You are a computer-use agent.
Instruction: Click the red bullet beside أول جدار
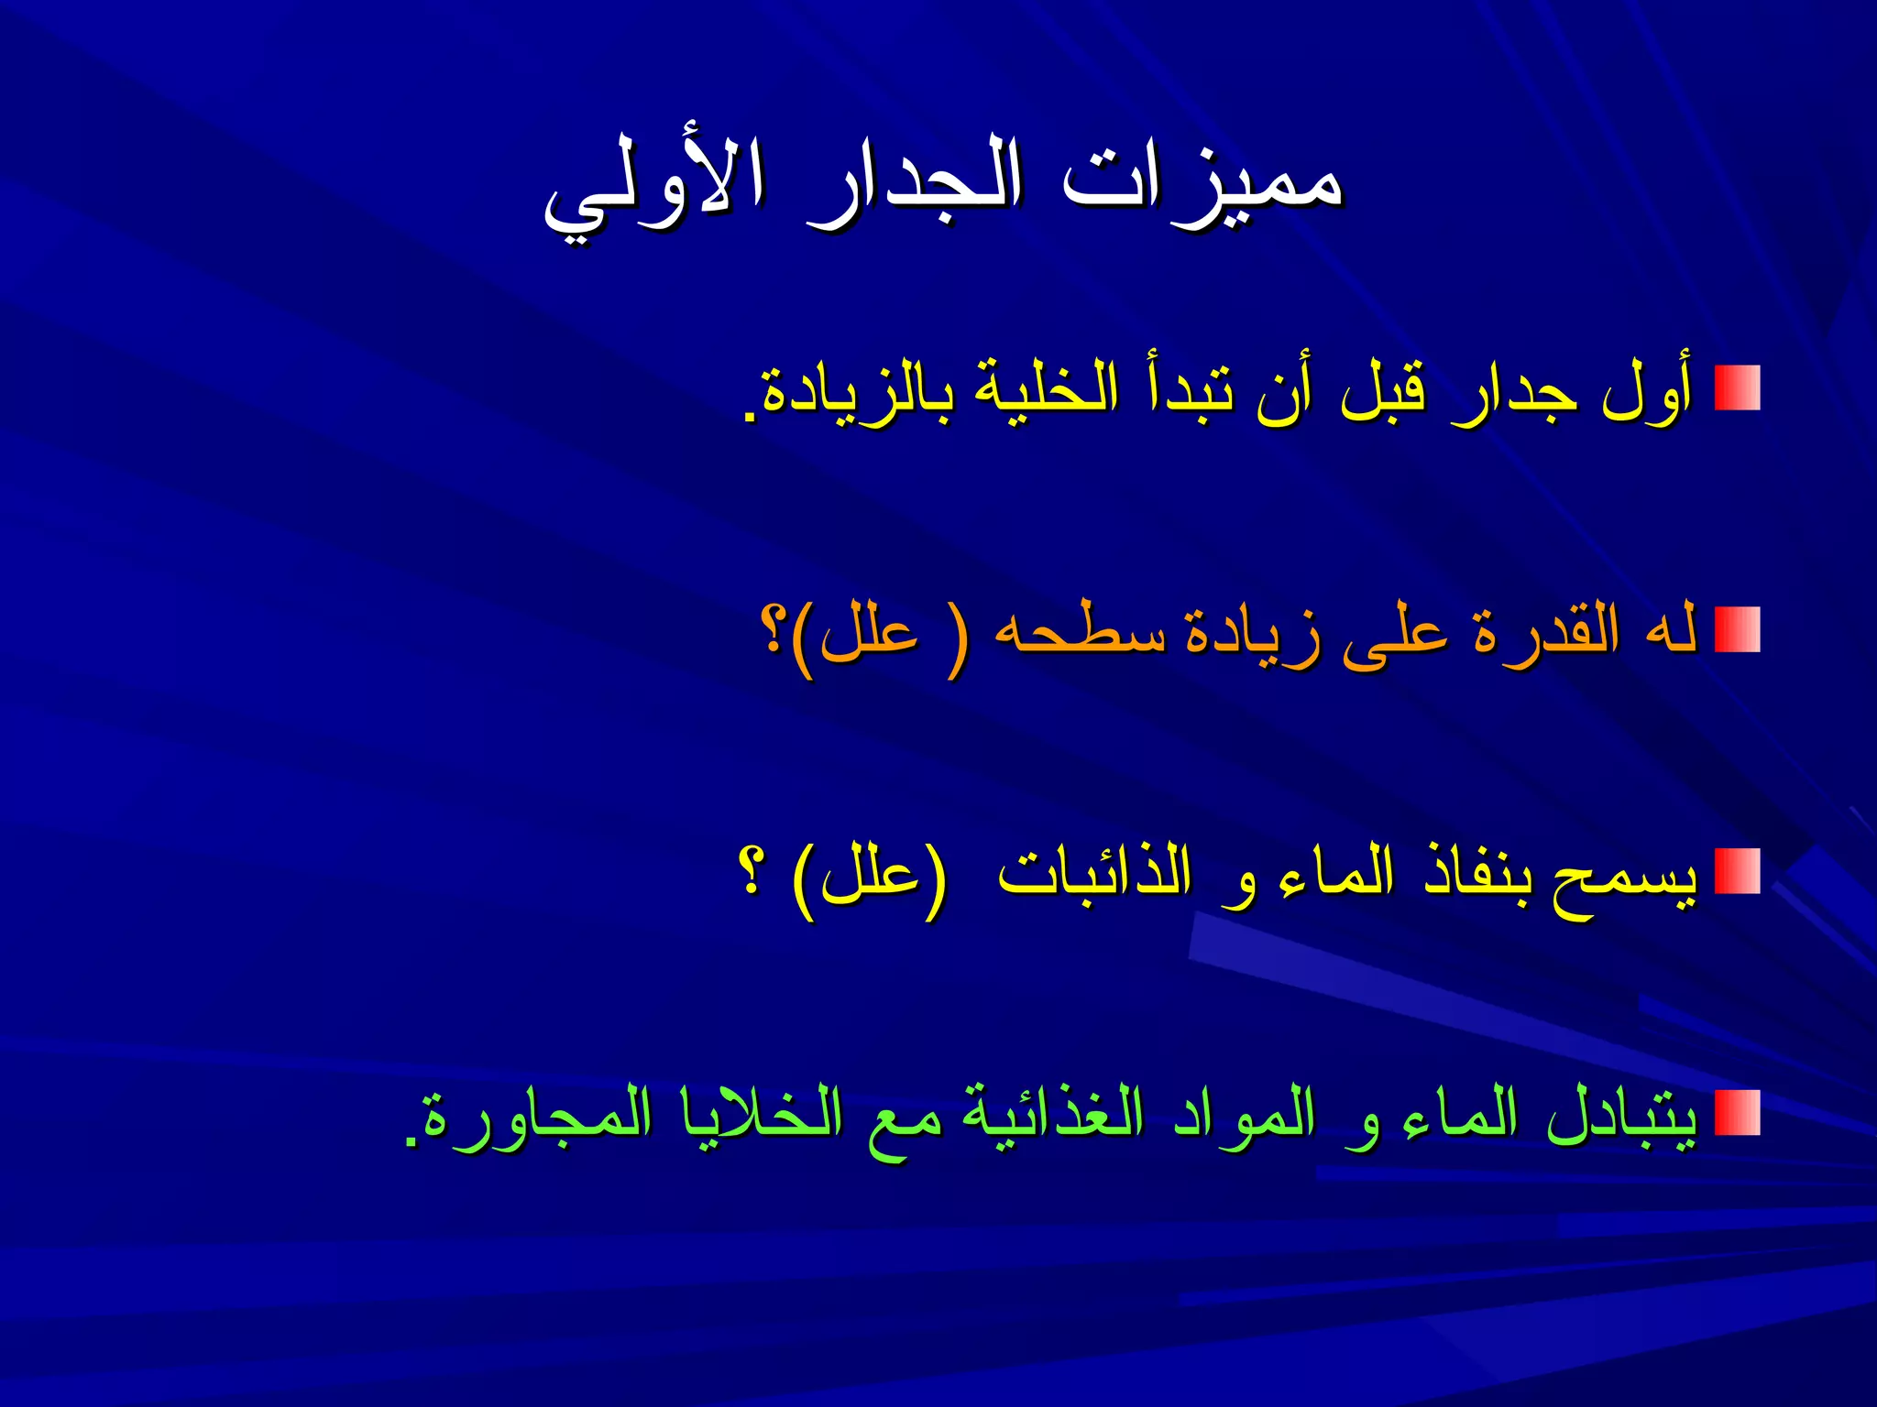point(1737,388)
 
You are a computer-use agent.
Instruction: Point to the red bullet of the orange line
point(1737,629)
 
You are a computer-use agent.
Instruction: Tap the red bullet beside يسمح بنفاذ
point(1737,871)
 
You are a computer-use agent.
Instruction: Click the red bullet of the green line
point(1737,1113)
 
